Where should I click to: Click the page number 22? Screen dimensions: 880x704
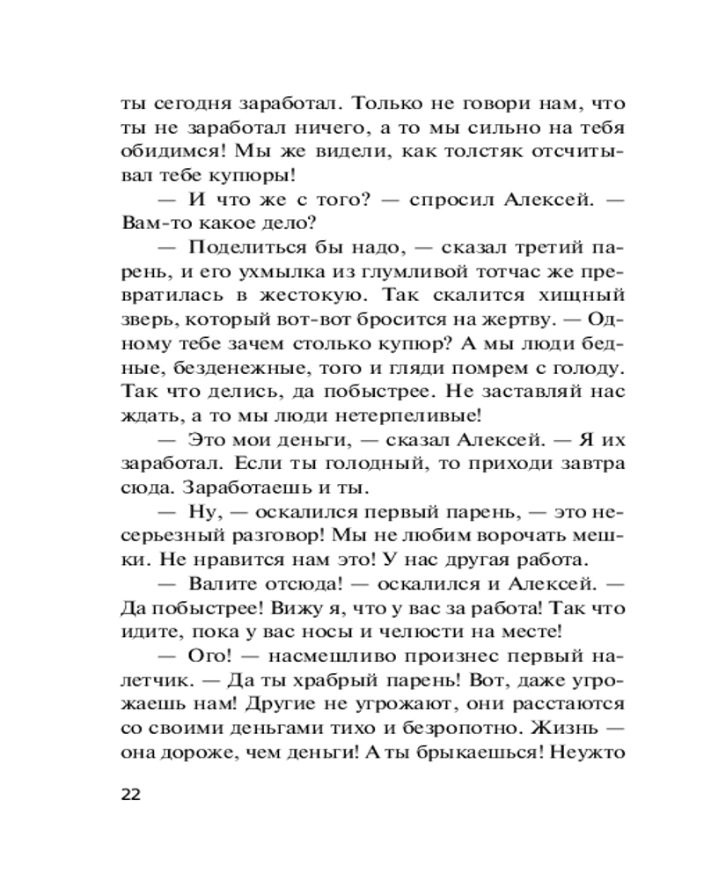coord(130,795)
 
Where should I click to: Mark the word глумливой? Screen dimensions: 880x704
coord(397,270)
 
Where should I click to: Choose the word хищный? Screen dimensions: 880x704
coord(584,294)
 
